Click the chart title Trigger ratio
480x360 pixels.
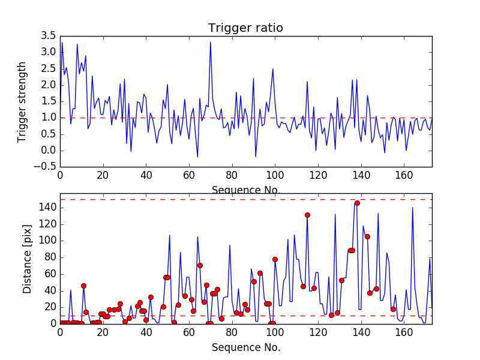pos(245,28)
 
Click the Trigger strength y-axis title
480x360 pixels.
pos(22,101)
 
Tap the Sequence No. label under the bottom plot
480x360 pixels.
pos(246,347)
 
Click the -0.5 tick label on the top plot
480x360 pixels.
pos(47,167)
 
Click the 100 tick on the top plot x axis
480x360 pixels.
pos(275,175)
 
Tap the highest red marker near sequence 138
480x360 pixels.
pos(357,203)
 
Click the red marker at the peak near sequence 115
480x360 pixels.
pos(307,215)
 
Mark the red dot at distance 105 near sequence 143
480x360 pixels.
pos(367,236)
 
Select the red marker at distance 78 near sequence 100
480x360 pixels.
pos(275,259)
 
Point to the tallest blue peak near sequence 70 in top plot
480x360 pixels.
pos(211,42)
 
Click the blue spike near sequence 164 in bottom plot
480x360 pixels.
pos(412,208)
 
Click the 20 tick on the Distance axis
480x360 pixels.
pos(49,307)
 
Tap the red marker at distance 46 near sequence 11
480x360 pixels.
pos(83,286)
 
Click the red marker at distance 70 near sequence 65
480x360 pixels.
pos(200,265)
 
